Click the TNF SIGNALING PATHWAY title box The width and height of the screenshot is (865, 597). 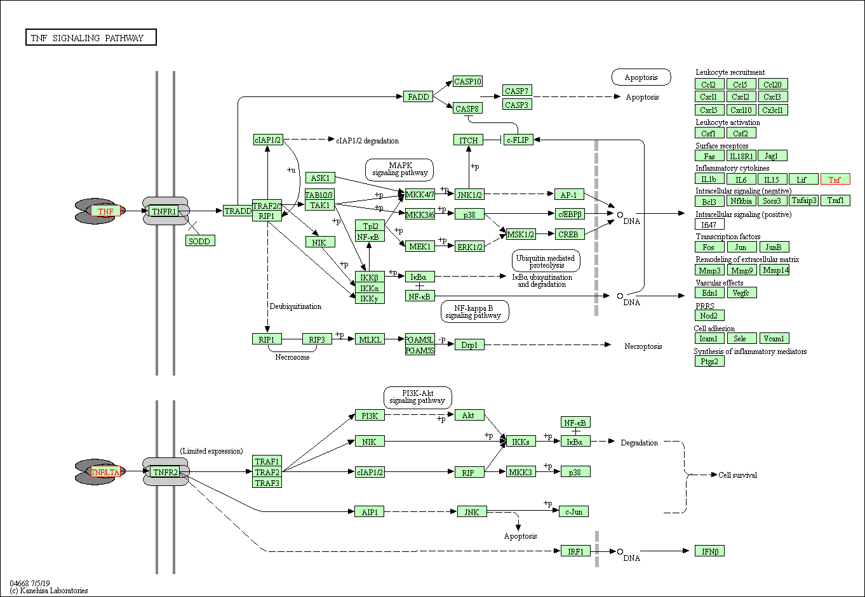[x=91, y=38]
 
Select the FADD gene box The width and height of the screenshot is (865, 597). [x=418, y=96]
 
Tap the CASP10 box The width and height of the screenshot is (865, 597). [x=468, y=81]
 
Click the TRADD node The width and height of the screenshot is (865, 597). [x=238, y=211]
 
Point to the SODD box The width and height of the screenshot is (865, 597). [x=199, y=241]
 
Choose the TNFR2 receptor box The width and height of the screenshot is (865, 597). [x=165, y=472]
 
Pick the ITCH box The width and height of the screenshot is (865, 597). [x=468, y=140]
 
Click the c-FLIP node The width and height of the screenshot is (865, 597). [x=518, y=140]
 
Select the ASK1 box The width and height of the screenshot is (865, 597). [x=320, y=178]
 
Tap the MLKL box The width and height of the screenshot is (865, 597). [x=370, y=339]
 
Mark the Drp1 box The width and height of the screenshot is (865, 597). [x=469, y=344]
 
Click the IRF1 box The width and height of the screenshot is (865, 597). [x=575, y=551]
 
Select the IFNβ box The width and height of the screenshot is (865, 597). [x=709, y=551]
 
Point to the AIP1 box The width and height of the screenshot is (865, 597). [x=369, y=511]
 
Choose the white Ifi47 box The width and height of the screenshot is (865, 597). [x=709, y=224]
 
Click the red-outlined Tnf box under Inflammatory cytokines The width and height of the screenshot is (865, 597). [x=835, y=180]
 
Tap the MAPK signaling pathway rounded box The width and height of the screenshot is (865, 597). [x=399, y=169]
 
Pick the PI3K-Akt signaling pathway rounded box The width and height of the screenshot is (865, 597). [x=417, y=397]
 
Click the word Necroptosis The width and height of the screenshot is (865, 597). [x=643, y=346]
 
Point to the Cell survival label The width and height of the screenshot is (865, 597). [x=737, y=475]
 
